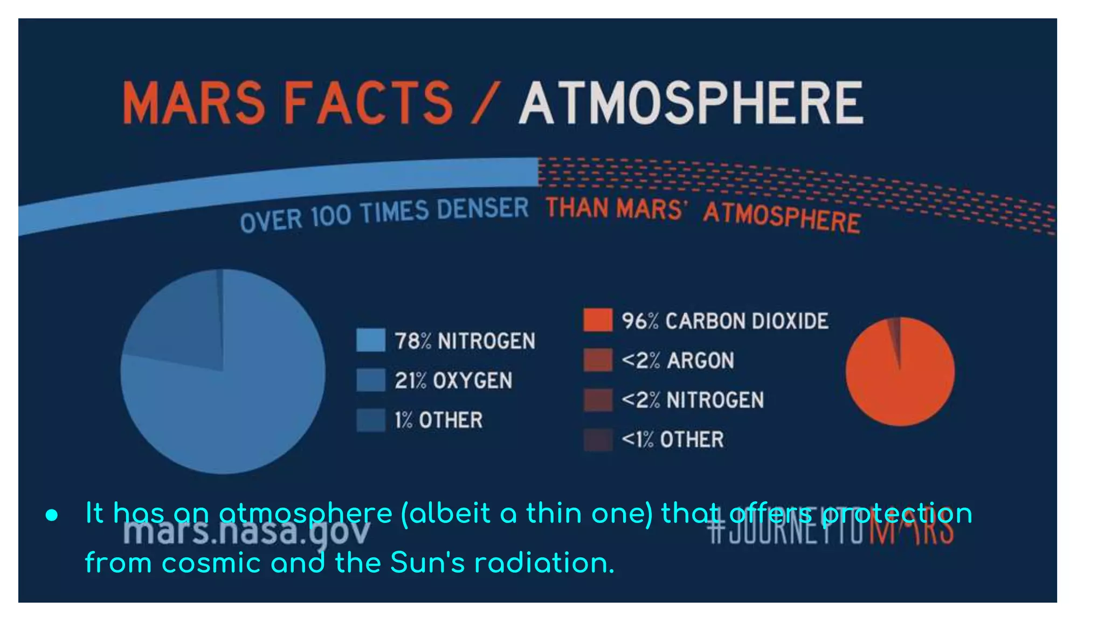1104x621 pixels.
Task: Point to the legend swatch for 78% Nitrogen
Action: click(371, 340)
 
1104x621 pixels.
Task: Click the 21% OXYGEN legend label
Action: click(453, 381)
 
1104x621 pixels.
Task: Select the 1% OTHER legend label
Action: click(438, 420)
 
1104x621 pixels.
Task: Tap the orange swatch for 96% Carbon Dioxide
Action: click(598, 320)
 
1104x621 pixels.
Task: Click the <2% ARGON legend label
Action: click(678, 360)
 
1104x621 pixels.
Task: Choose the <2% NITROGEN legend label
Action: click(692, 400)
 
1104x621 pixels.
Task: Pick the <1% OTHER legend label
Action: click(672, 439)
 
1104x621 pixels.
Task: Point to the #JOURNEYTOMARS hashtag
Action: click(830, 532)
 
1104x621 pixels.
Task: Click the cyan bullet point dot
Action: click(52, 515)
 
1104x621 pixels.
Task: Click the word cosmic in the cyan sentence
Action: click(211, 563)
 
